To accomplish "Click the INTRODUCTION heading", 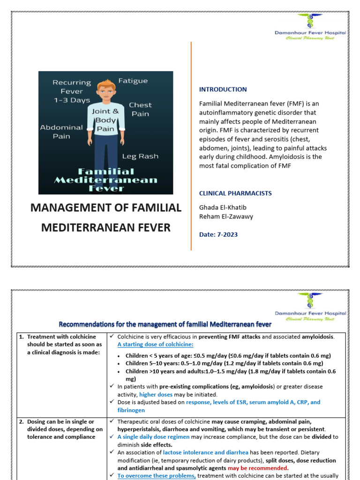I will (223, 90).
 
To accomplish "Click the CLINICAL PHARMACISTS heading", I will (235, 193).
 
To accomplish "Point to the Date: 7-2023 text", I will (218, 234).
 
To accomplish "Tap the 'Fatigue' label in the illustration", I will (133, 81).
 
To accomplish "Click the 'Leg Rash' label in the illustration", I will (140, 156).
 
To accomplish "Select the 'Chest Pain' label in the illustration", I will (140, 109).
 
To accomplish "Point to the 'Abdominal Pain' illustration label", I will (61, 132).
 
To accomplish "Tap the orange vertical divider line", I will (191, 145).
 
